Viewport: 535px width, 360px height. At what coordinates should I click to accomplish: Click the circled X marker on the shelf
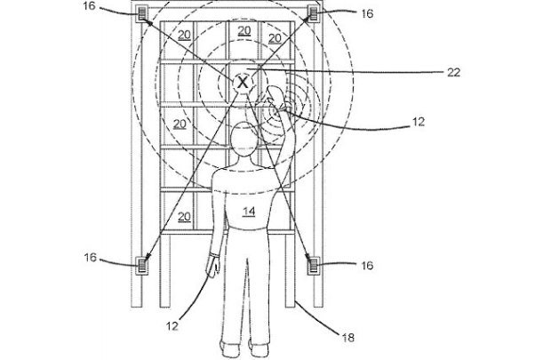(x=243, y=83)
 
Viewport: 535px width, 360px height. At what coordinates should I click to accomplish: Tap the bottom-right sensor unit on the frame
(x=313, y=262)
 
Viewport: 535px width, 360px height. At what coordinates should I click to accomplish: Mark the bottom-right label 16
(x=367, y=265)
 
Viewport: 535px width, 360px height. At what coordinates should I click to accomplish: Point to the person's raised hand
(x=278, y=98)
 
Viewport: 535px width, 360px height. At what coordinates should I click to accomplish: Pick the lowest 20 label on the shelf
(x=185, y=216)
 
